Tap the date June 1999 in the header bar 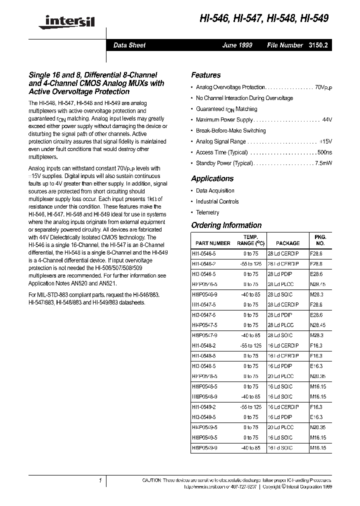tap(237, 45)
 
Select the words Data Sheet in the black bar tap(129, 45)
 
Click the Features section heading tap(205, 75)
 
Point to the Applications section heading tap(212, 178)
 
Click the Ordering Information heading tap(226, 225)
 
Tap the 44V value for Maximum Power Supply tap(327, 120)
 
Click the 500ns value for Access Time tap(323, 152)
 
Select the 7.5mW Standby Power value tap(323, 163)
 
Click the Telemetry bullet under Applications tap(207, 212)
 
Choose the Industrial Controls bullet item tap(217, 201)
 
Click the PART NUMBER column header tap(211, 243)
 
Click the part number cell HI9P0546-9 tap(204, 295)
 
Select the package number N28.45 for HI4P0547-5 tap(316, 324)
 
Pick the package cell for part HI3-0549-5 tap(283, 416)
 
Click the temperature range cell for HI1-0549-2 tap(250, 407)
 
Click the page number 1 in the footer tap(100, 480)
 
